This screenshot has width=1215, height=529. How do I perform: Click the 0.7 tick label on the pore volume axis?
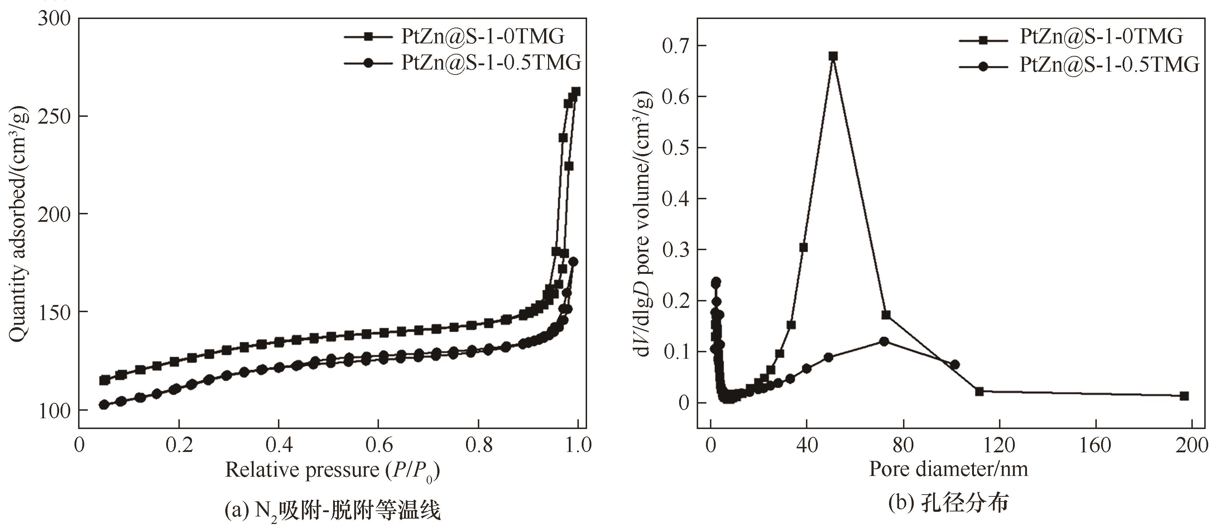click(676, 46)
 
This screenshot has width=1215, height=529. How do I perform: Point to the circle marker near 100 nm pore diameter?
click(955, 364)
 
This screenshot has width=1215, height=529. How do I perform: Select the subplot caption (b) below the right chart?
click(949, 503)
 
